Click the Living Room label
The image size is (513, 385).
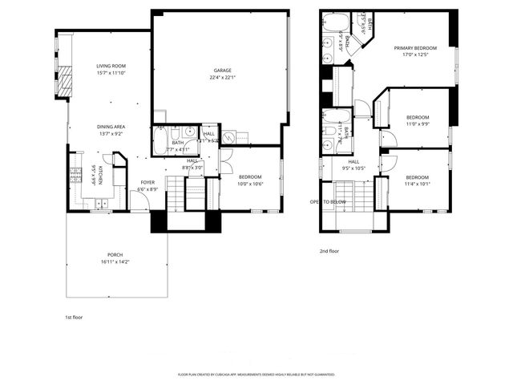(112, 66)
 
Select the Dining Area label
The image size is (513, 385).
(111, 127)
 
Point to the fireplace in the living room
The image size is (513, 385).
(63, 80)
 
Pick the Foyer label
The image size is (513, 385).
(148, 182)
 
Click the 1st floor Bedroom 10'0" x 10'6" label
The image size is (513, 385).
(249, 178)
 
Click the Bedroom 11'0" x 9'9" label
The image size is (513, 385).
(417, 118)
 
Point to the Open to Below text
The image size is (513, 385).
(329, 201)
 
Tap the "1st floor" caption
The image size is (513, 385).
(75, 317)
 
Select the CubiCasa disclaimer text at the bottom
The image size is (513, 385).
(256, 375)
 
